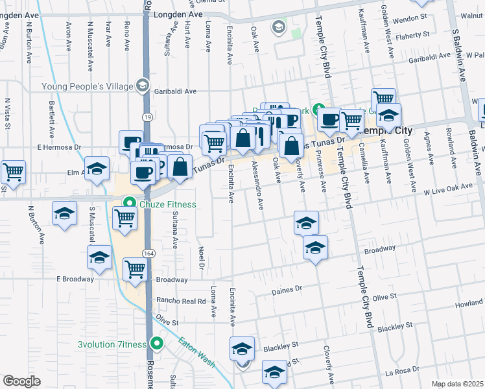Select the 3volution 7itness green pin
tap(156, 344)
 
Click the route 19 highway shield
tap(148, 117)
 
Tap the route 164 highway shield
tap(149, 253)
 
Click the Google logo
tap(22, 381)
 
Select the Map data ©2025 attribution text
tap(457, 384)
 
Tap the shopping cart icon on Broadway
tap(135, 268)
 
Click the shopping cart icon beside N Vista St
tap(12, 172)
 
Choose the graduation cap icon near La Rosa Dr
tap(274, 373)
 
